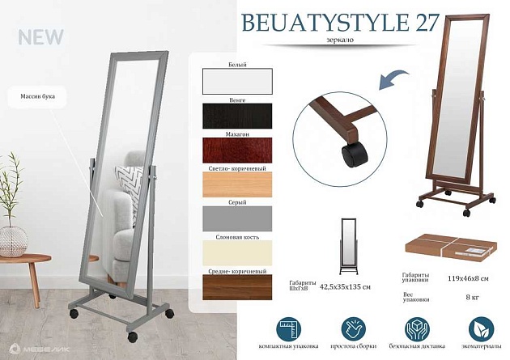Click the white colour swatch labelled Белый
pyautogui.click(x=238, y=82)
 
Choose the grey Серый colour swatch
pyautogui.click(x=238, y=219)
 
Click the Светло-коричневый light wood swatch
pyautogui.click(x=238, y=184)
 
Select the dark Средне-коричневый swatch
pyautogui.click(x=238, y=288)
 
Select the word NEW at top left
pyautogui.click(x=36, y=38)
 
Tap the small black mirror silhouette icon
pyautogui.click(x=347, y=244)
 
